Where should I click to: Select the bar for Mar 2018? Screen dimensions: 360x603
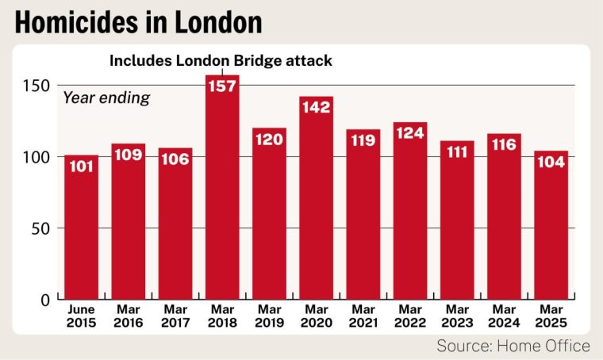tap(222, 198)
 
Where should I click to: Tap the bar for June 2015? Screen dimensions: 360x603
tap(81, 230)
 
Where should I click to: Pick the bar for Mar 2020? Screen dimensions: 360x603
tap(316, 206)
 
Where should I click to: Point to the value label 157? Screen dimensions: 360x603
tap(222, 85)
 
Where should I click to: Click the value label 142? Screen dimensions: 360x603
tap(316, 106)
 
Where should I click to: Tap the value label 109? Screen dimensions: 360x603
tap(128, 154)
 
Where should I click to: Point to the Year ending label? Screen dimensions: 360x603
tap(106, 98)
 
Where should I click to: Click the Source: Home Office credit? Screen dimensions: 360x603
tap(513, 346)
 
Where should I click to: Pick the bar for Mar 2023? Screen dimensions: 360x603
tap(456, 226)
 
